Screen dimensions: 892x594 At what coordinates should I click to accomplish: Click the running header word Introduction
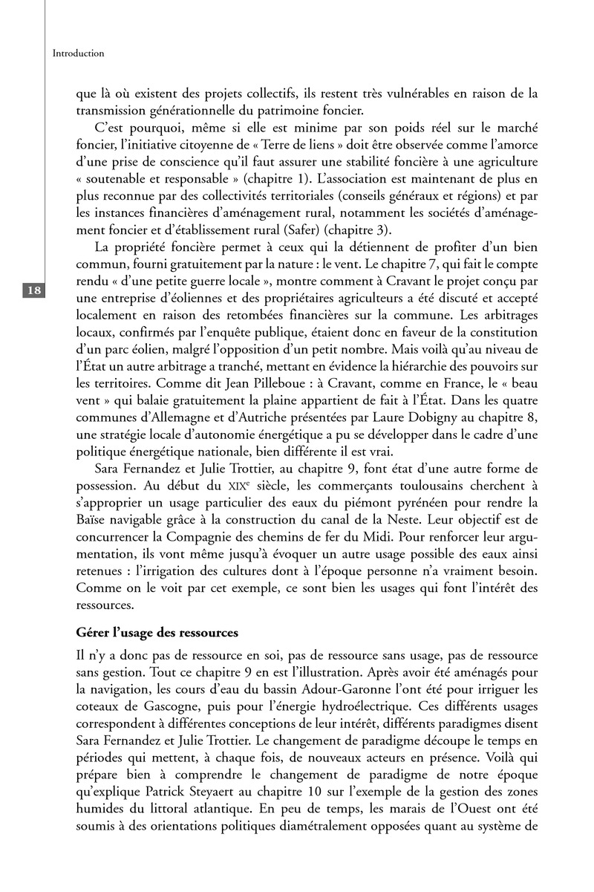[79, 53]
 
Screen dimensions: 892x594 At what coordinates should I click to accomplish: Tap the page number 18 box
[34, 290]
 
